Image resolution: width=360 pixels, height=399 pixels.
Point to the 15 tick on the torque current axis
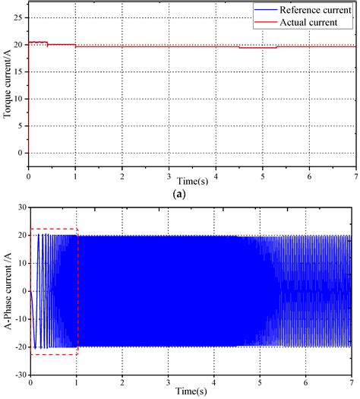click(x=20, y=71)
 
